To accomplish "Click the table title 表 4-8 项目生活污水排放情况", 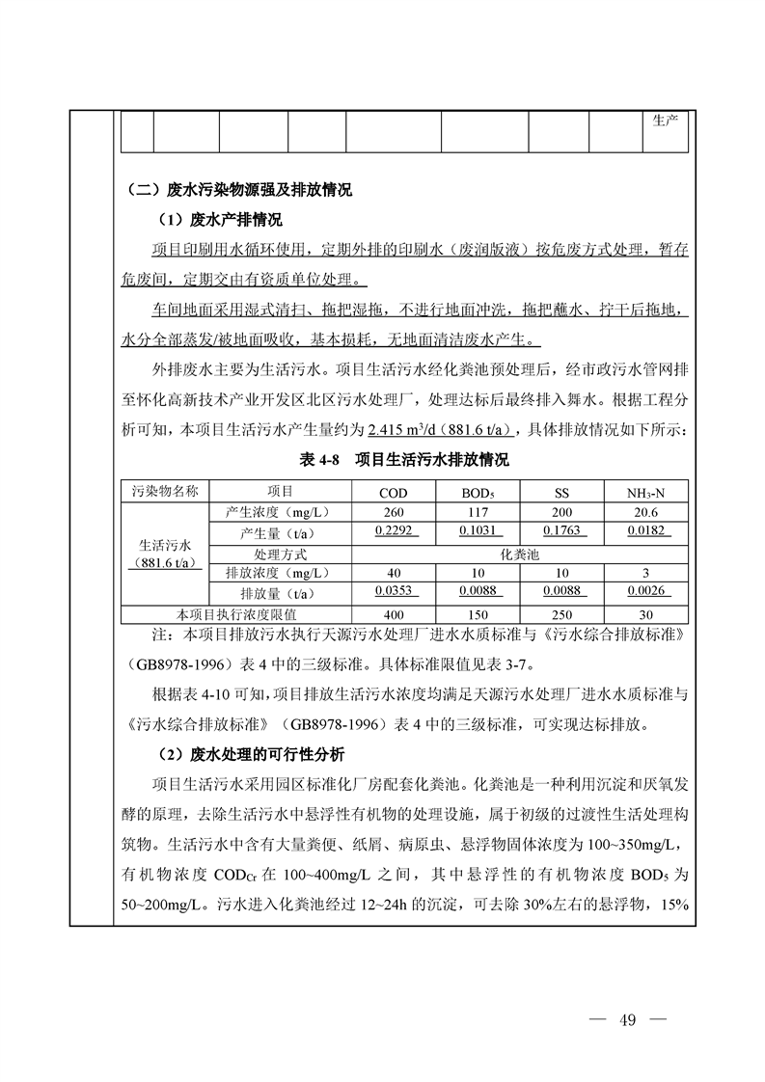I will coord(404,461).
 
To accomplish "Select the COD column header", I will coord(394,493).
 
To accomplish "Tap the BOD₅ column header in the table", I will coord(478,493).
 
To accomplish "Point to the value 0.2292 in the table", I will coord(394,530).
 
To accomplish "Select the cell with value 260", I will coord(394,512).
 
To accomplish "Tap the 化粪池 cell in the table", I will coord(520,555).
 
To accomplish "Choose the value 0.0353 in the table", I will coord(394,591).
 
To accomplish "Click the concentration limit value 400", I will coord(394,613).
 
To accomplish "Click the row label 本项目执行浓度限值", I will coord(236,613).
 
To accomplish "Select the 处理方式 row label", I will coord(280,555).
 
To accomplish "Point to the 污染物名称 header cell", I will coord(164,491).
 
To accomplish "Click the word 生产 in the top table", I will coord(666,121).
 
